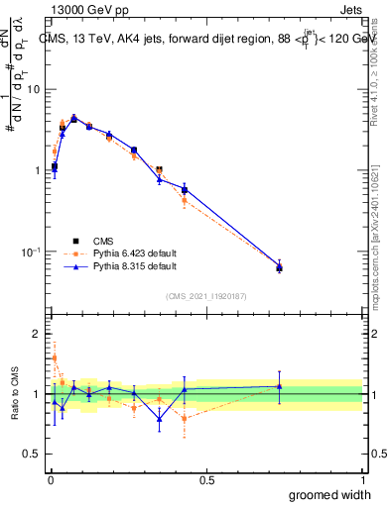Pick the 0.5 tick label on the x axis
pos(206,480)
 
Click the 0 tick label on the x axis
pos(50,480)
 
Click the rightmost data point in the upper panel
pos(279,267)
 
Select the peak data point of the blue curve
pos(73,118)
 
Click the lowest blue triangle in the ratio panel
pos(159,419)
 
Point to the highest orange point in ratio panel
pos(55,357)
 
